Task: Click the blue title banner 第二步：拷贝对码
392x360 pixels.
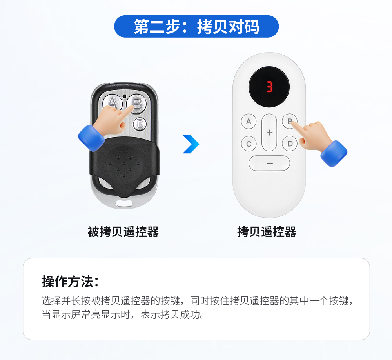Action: point(196,27)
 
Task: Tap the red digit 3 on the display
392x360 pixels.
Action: point(270,87)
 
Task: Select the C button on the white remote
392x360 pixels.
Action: point(249,144)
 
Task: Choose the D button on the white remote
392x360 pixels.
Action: point(290,144)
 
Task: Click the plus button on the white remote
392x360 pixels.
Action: point(269,132)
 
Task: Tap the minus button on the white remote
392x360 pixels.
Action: point(269,163)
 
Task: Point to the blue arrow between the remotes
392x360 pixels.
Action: point(191,144)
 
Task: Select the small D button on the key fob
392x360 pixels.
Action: point(140,124)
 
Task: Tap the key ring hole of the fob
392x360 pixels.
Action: point(124,203)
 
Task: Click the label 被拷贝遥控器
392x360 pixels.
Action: point(123,232)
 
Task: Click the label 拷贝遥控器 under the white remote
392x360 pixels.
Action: point(267,232)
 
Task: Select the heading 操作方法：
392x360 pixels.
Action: point(70,282)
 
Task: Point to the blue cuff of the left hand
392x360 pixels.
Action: point(91,138)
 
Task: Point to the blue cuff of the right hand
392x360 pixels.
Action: point(334,154)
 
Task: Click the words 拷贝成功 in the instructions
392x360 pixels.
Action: point(180,315)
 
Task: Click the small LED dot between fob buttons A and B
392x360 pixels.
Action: point(124,96)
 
